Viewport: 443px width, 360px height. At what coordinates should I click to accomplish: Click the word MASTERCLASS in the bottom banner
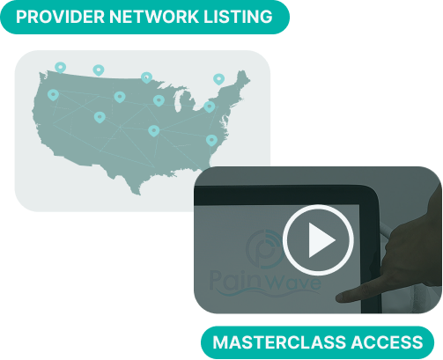tap(279, 342)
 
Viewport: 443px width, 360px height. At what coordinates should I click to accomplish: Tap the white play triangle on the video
tap(321, 240)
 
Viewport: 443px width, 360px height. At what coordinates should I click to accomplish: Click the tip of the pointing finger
tap(337, 298)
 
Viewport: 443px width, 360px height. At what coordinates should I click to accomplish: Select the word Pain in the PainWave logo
tap(235, 280)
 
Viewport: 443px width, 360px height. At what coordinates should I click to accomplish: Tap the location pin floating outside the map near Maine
tap(218, 79)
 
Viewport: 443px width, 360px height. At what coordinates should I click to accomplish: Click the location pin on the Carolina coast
tap(211, 141)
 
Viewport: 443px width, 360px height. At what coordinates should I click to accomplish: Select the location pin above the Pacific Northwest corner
tap(60, 68)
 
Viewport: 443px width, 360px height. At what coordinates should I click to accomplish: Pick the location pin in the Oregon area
tap(53, 95)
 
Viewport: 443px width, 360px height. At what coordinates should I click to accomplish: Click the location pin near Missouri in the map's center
tap(154, 131)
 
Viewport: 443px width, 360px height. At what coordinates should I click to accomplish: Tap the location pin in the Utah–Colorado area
tap(100, 117)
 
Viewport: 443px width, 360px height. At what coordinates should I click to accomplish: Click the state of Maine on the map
tap(243, 78)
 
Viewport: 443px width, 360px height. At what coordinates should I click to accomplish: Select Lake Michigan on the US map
tap(177, 101)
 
